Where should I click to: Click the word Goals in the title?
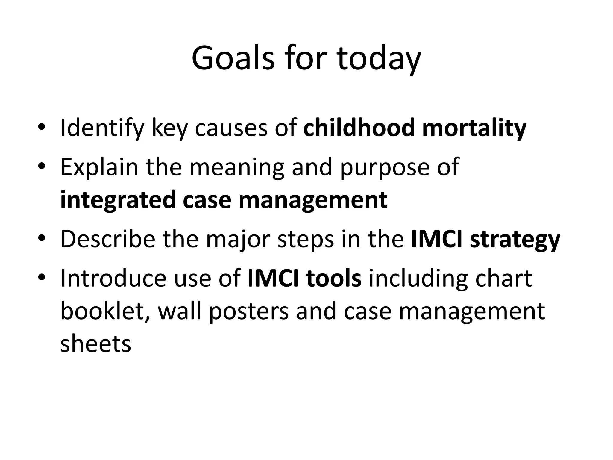(233, 58)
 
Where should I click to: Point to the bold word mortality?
(474, 128)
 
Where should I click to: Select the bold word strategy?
(515, 240)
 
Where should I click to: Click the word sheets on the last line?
(96, 344)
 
